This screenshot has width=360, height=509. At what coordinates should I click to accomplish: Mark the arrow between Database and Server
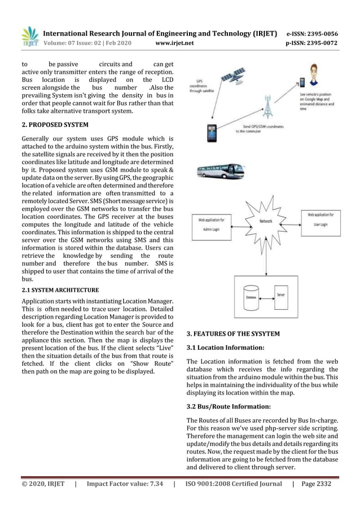point(267,295)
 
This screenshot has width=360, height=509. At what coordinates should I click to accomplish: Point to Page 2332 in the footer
point(317,483)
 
